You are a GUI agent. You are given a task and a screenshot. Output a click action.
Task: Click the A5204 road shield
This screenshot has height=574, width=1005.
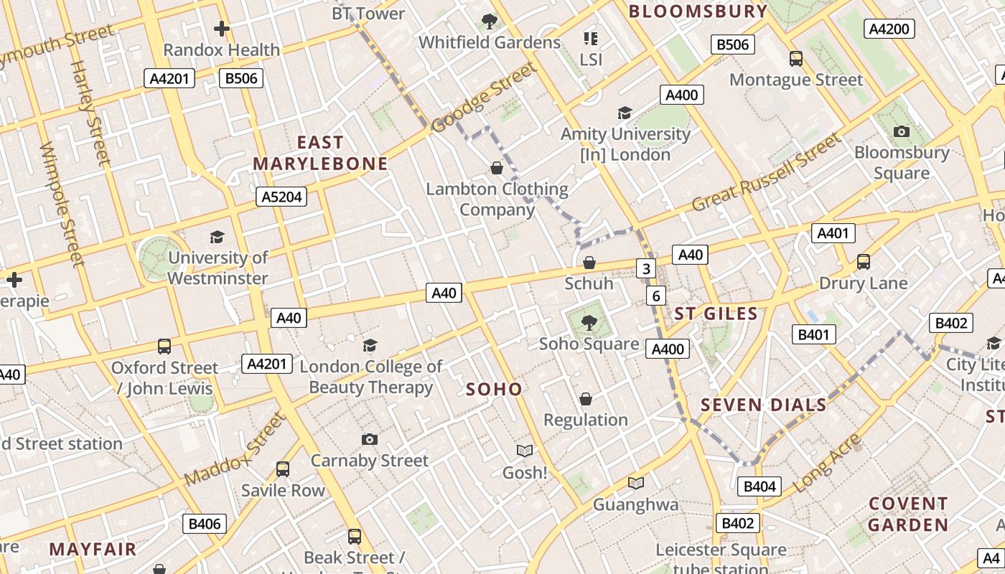282,197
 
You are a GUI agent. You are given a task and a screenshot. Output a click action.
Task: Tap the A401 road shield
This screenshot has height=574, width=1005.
833,232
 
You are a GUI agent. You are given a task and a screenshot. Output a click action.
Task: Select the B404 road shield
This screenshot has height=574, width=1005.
759,486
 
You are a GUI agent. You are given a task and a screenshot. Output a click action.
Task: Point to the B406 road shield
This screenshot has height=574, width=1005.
205,524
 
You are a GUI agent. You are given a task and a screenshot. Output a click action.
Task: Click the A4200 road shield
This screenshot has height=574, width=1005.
889,29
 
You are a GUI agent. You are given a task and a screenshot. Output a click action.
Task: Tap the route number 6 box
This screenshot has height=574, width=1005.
655,296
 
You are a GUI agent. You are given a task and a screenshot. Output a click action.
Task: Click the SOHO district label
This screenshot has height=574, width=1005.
494,389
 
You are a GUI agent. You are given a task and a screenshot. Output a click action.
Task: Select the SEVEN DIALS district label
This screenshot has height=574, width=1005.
764,405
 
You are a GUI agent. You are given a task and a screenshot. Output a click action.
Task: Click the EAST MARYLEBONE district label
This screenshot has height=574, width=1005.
320,153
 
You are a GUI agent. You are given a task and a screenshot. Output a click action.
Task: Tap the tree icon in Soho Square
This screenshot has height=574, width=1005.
589,322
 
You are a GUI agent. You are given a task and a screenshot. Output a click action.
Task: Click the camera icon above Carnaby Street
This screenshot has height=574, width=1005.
370,439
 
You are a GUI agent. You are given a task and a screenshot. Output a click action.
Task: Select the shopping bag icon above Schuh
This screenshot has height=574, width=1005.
589,263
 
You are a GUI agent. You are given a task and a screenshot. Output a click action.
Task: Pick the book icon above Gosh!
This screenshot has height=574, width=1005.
525,451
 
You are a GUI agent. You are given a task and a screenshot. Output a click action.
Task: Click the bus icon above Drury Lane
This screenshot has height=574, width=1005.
864,262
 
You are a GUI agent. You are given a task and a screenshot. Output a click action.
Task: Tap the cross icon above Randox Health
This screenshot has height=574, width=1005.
222,29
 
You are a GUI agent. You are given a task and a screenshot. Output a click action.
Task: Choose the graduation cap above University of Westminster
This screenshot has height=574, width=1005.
217,237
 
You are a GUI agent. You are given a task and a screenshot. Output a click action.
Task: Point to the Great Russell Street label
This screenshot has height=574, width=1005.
765,173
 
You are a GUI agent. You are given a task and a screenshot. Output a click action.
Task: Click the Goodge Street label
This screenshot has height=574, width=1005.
484,98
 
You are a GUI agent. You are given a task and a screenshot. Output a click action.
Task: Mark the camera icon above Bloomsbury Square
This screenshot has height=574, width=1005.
902,131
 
